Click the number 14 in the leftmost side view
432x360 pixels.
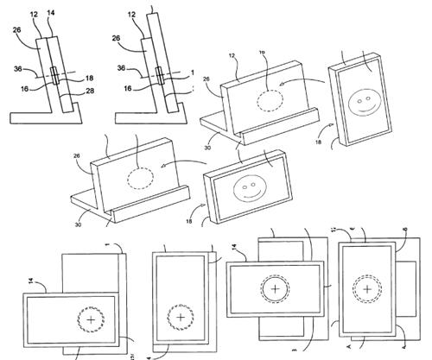pos(50,14)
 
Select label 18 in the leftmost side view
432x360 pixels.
pos(90,78)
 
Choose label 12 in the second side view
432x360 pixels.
pos(130,14)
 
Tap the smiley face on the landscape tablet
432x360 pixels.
pos(250,186)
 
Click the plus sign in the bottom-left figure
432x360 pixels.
pos(89,319)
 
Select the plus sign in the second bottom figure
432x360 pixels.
pos(181,318)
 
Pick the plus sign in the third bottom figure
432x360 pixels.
pos(275,287)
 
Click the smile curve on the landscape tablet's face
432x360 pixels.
pos(250,193)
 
